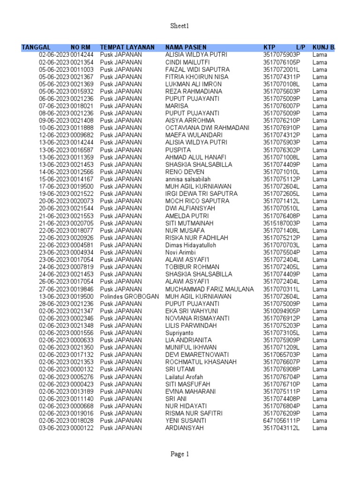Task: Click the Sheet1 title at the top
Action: coord(180,26)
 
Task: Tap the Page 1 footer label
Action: coord(180,454)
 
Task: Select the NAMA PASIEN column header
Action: coord(186,47)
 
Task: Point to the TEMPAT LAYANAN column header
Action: coord(127,47)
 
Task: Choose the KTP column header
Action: coord(269,47)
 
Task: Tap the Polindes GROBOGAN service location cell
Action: coord(130,296)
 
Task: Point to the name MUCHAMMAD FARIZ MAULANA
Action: coord(210,289)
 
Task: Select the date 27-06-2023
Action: coord(54,289)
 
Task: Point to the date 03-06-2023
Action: coord(54,428)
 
